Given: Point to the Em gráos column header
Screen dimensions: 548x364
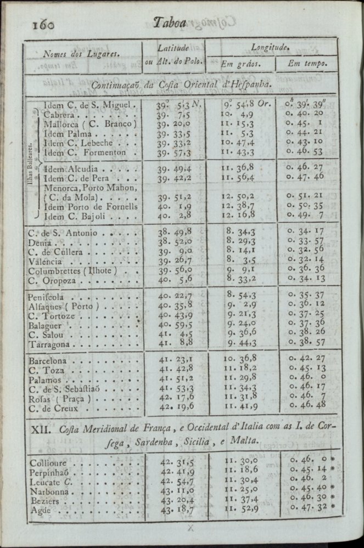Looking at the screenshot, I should tap(240, 64).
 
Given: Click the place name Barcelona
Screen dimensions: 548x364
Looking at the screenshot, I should tap(48, 361).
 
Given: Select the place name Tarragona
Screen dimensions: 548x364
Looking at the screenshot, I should tap(49, 344).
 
